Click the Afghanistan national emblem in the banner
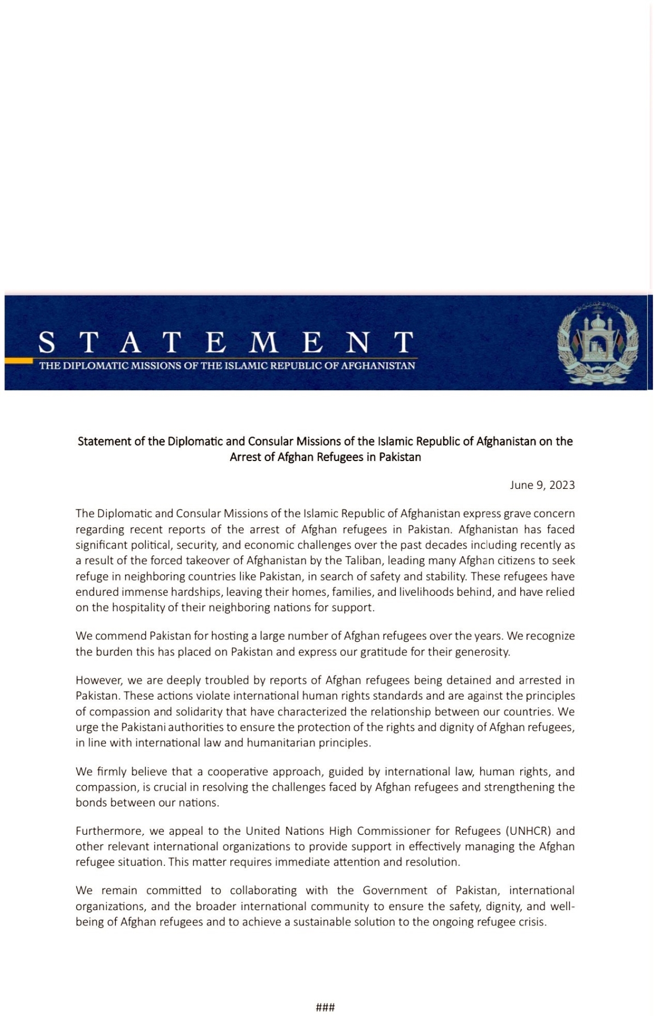click(598, 342)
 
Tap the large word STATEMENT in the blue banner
click(225, 342)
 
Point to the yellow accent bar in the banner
click(19, 360)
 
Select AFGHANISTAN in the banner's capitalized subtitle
click(378, 366)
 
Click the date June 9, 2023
click(542, 485)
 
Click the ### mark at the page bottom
click(325, 1007)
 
